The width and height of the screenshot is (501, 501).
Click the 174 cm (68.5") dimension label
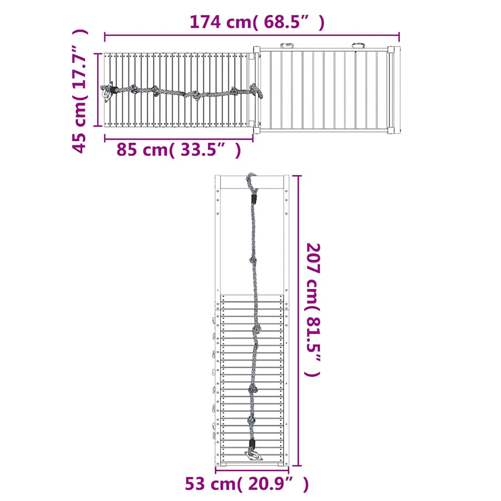point(257,23)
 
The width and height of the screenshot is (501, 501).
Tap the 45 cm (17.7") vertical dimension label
point(79,91)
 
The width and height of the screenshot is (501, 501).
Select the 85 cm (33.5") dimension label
point(179,149)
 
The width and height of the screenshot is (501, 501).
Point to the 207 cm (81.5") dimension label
point(313,310)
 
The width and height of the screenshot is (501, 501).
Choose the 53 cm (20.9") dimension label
point(247,484)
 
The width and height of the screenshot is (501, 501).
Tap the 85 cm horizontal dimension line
point(179,138)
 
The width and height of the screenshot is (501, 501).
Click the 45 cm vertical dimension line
point(98,90)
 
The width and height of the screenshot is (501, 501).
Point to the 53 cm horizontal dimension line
point(252,470)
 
